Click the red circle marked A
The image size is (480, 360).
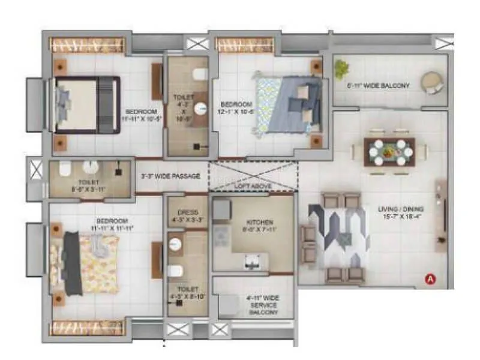tap(430, 278)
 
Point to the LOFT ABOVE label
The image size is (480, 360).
tap(253, 187)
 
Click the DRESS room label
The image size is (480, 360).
tap(187, 214)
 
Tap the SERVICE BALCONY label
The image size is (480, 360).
tap(263, 305)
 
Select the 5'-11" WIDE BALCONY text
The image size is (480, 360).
tap(378, 86)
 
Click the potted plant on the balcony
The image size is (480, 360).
tap(342, 67)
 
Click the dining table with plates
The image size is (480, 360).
tap(389, 152)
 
